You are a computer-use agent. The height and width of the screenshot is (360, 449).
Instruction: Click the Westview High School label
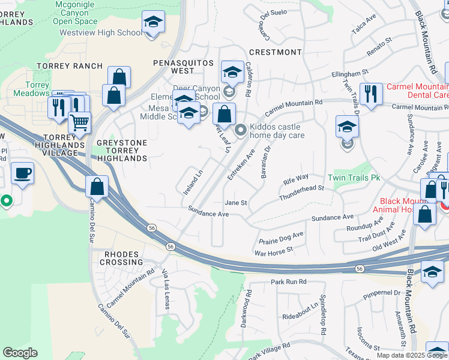[101, 32]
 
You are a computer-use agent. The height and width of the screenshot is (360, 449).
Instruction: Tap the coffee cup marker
[23, 173]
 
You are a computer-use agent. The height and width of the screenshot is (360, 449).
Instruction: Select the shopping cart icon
[79, 123]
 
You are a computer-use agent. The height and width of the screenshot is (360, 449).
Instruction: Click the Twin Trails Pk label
[355, 178]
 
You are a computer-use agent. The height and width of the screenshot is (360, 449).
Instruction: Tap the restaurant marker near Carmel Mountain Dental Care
[371, 94]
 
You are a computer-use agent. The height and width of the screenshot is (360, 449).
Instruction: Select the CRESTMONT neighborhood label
[275, 52]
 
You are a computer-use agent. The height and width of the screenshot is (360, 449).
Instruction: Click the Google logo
[20, 353]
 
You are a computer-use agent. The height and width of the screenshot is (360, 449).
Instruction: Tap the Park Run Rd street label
[288, 281]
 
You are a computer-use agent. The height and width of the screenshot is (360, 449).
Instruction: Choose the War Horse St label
[273, 251]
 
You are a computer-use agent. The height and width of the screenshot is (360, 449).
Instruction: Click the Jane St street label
[236, 203]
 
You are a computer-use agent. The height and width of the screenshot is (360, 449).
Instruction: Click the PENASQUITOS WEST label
[183, 67]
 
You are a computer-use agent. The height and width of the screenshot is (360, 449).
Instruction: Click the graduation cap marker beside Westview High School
[154, 23]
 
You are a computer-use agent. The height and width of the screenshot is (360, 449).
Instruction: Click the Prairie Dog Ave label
[282, 238]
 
